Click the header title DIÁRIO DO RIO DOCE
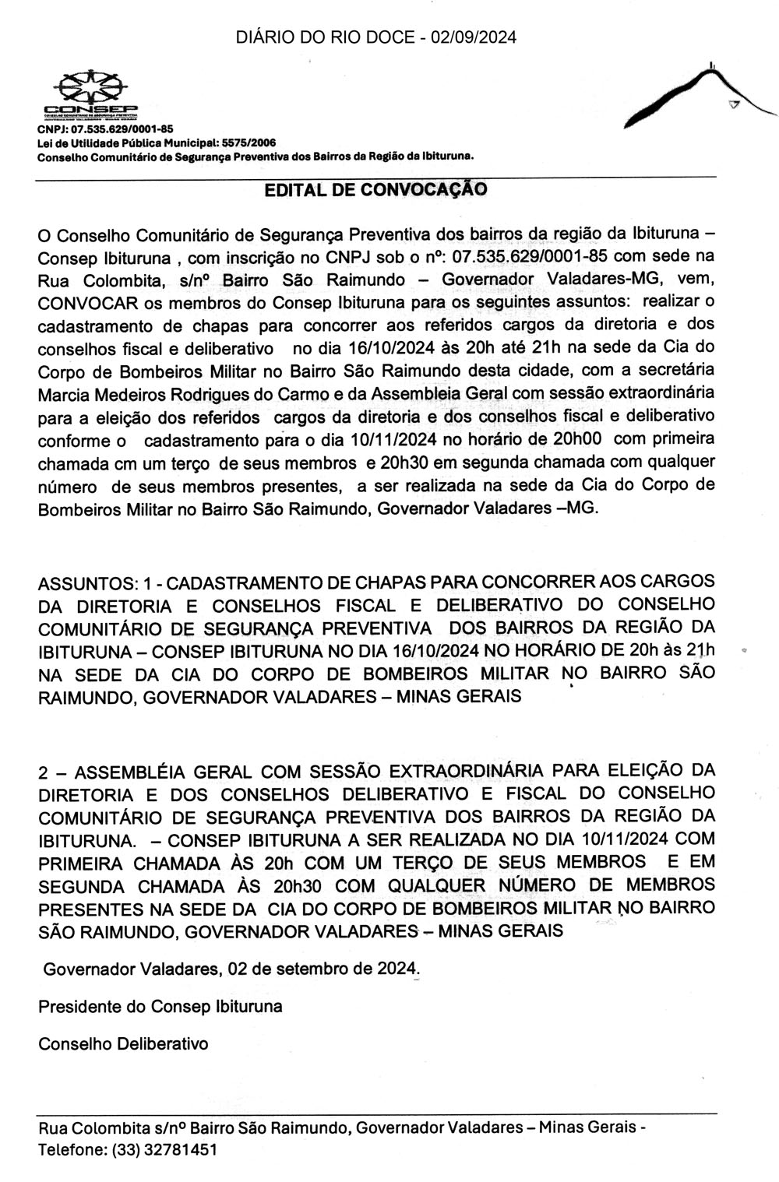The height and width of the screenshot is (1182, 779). (x=323, y=37)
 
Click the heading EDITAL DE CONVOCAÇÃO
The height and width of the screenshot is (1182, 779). (x=376, y=190)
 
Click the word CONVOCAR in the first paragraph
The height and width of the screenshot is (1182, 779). (x=79, y=302)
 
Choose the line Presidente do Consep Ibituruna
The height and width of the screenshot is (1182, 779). (x=160, y=1006)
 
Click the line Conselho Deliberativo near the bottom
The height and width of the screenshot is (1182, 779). (x=124, y=1043)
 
